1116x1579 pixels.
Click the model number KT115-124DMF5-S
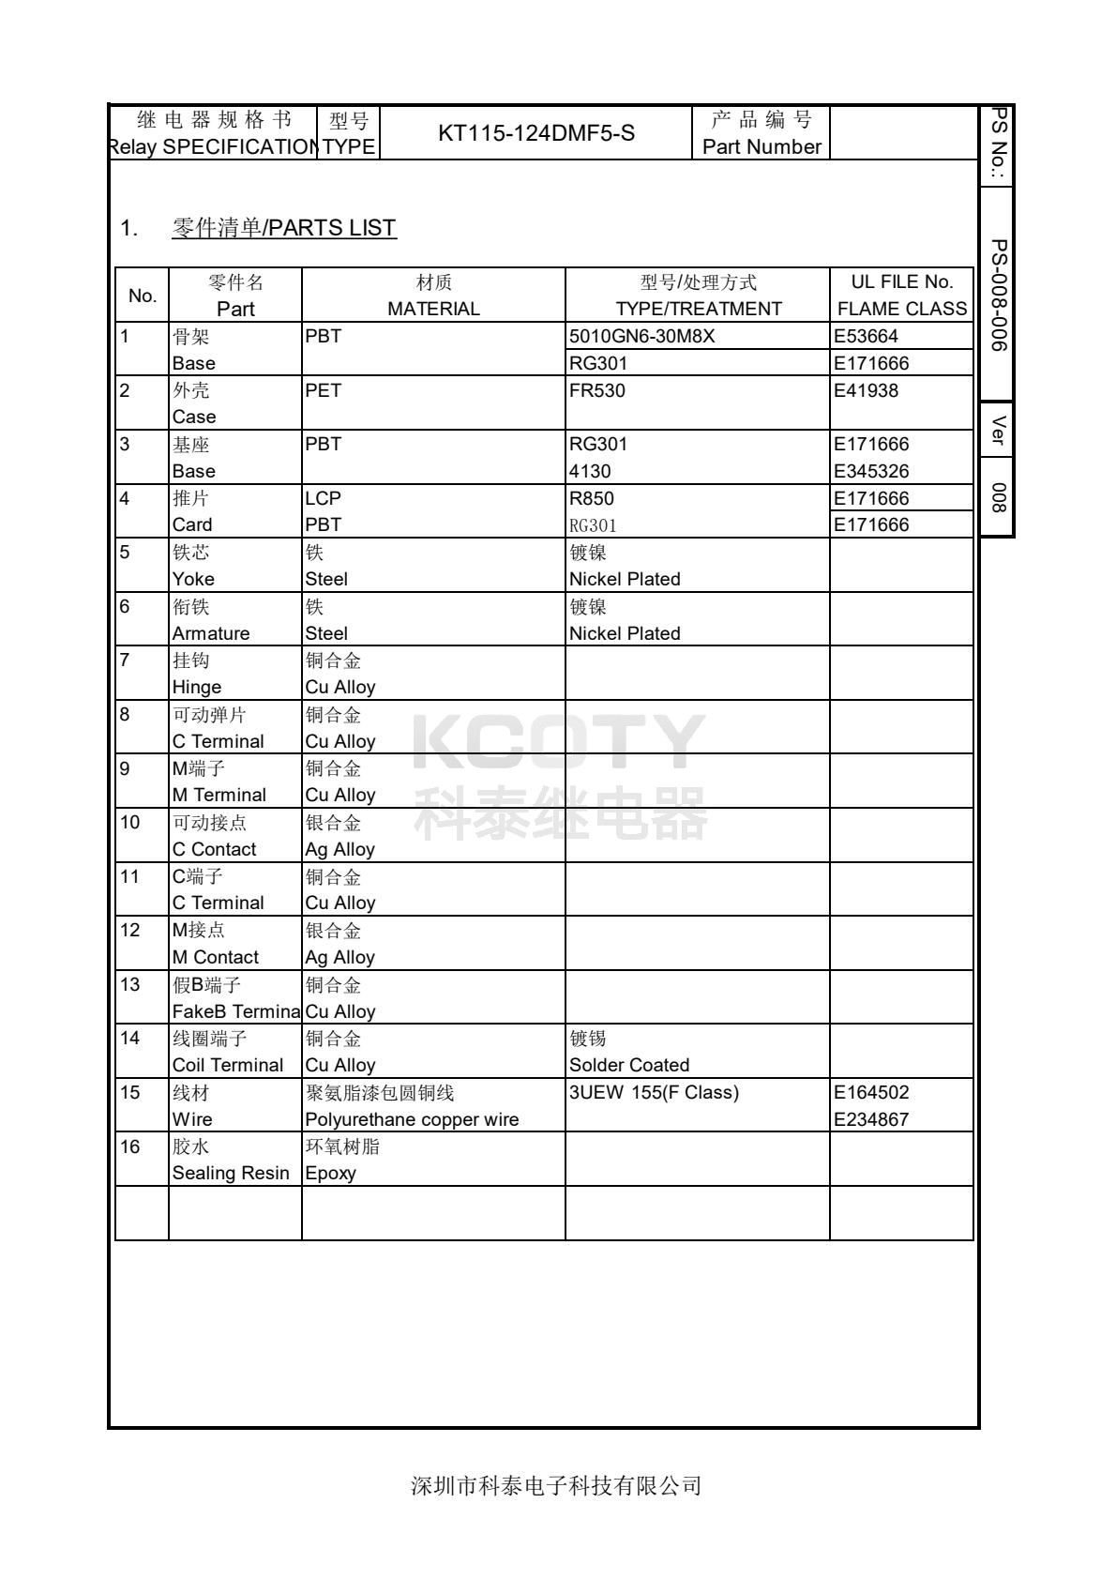point(535,133)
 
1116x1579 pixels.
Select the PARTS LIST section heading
point(284,228)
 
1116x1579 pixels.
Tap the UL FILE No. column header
point(901,282)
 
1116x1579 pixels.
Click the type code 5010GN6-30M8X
point(641,336)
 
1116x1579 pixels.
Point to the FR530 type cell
point(596,390)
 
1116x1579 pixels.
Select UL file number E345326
point(871,471)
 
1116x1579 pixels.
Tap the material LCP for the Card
point(323,498)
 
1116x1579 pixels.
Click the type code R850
point(592,498)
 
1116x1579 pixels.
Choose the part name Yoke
point(193,579)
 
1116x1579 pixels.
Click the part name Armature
point(211,633)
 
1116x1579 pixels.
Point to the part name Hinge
point(196,687)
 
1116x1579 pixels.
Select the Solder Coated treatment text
point(629,1065)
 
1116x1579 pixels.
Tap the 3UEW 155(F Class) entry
point(654,1092)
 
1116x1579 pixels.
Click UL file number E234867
point(871,1119)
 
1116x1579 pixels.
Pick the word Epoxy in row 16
point(330,1173)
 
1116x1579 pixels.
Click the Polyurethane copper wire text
point(412,1119)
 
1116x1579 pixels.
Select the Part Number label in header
point(762,147)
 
